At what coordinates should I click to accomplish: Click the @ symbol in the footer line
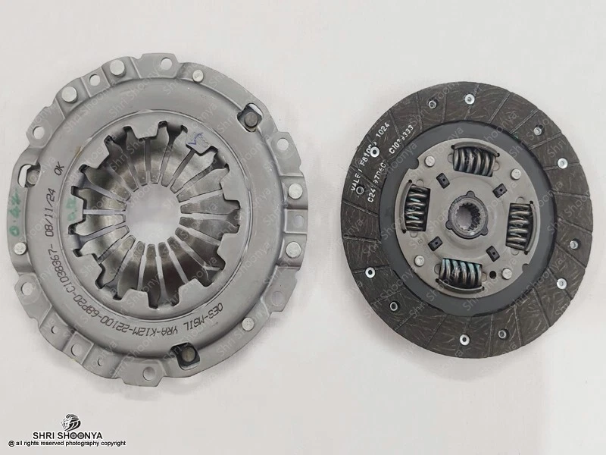[x=11, y=444]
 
